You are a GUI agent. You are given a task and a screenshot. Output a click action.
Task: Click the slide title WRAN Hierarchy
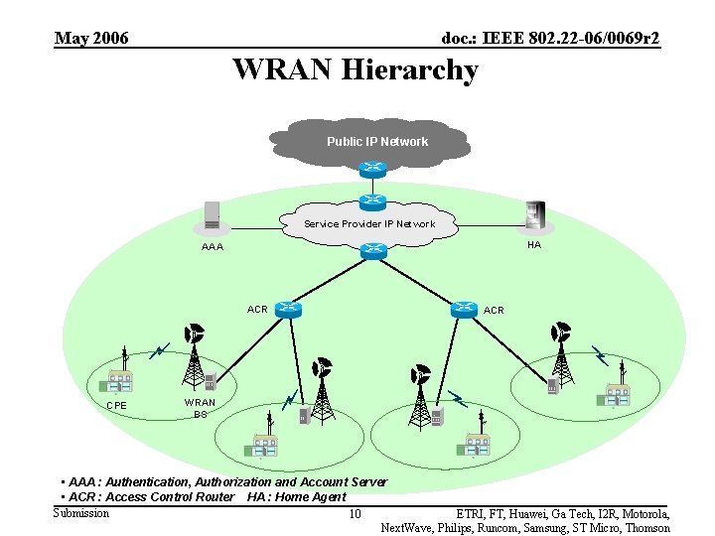pos(356,70)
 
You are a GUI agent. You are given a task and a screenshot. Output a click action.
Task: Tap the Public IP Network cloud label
pos(377,142)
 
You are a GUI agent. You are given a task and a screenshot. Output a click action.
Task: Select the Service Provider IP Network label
pos(369,224)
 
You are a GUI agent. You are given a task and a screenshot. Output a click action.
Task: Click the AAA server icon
pos(212,215)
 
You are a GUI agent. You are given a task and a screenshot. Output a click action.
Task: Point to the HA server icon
pos(535,214)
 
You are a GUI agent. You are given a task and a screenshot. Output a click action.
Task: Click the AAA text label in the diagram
pos(213,247)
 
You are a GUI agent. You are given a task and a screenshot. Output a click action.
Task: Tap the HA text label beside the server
pos(534,245)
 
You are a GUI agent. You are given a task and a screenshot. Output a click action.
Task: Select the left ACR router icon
pos(289,309)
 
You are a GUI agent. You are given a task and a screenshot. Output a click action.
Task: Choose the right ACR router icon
pos(464,309)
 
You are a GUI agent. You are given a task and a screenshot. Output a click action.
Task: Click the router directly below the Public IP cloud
pos(373,169)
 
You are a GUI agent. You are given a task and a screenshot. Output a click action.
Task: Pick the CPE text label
pos(117,405)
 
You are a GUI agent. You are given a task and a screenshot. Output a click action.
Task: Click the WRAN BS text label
pos(200,408)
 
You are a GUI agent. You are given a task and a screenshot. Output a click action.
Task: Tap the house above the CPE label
pos(120,380)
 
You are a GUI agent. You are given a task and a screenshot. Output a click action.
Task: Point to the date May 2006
pos(91,39)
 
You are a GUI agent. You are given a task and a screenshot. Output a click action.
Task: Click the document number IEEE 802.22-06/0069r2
pos(550,39)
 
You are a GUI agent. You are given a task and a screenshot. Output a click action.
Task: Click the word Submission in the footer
pos(81,512)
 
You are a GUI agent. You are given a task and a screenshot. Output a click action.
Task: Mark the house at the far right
pos(614,395)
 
